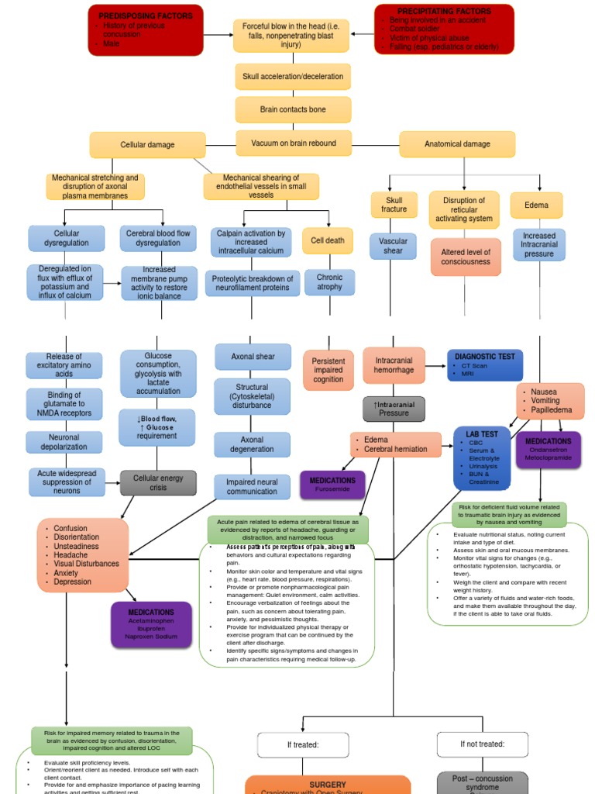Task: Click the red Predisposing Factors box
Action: tap(146, 29)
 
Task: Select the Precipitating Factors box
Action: tap(444, 29)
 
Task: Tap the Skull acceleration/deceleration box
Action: tap(293, 77)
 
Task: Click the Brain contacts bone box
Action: tap(293, 110)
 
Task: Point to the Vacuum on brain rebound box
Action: tap(293, 143)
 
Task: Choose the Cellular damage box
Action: tap(147, 145)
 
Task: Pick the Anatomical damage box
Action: tap(457, 144)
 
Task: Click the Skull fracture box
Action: tap(394, 205)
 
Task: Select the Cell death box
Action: tap(328, 240)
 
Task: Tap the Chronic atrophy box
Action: tap(329, 282)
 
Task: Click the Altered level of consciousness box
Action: tap(466, 257)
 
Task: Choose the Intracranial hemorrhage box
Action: tap(394, 366)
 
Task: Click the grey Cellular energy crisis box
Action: tap(158, 483)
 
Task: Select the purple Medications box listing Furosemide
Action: tap(332, 485)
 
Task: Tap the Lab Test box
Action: tap(482, 457)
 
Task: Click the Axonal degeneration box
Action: tap(252, 444)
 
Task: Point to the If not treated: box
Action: tap(482, 744)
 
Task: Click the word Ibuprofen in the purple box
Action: tap(151, 628)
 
